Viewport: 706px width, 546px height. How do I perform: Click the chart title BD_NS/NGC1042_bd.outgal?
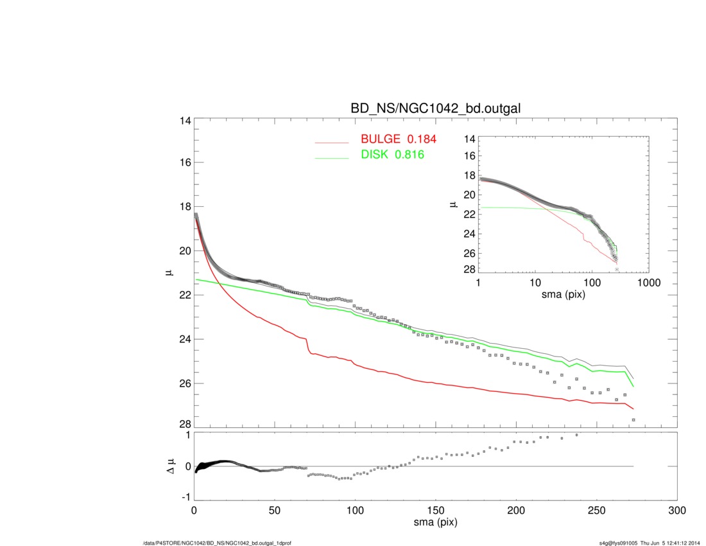(435, 109)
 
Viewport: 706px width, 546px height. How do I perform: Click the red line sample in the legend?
(331, 142)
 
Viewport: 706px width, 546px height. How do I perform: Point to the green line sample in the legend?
(331, 157)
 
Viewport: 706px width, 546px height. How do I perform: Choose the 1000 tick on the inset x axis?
(648, 283)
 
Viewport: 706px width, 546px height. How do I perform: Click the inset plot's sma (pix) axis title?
(564, 294)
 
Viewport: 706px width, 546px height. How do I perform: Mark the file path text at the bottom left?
(218, 543)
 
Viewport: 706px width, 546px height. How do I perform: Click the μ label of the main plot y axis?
(169, 272)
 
